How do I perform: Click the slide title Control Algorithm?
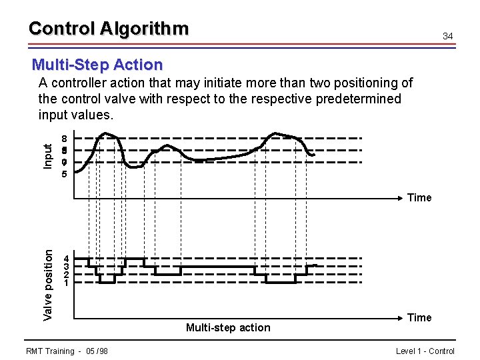[109, 29]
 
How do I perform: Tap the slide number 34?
[448, 35]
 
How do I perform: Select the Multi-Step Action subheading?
[97, 65]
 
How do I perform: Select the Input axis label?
[47, 156]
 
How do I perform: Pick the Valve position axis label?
[47, 284]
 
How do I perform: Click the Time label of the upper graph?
[419, 197]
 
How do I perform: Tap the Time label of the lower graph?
[419, 317]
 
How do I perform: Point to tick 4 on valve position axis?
[65, 258]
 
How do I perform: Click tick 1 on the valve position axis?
[65, 283]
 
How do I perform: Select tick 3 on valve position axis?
[65, 266]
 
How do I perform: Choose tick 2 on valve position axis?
[65, 274]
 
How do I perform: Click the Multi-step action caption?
[228, 327]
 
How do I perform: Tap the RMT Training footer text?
[50, 351]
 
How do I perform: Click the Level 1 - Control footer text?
[425, 351]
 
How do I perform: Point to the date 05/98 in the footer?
[97, 351]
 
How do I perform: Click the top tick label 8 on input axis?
[64, 139]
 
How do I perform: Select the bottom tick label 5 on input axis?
[64, 174]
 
